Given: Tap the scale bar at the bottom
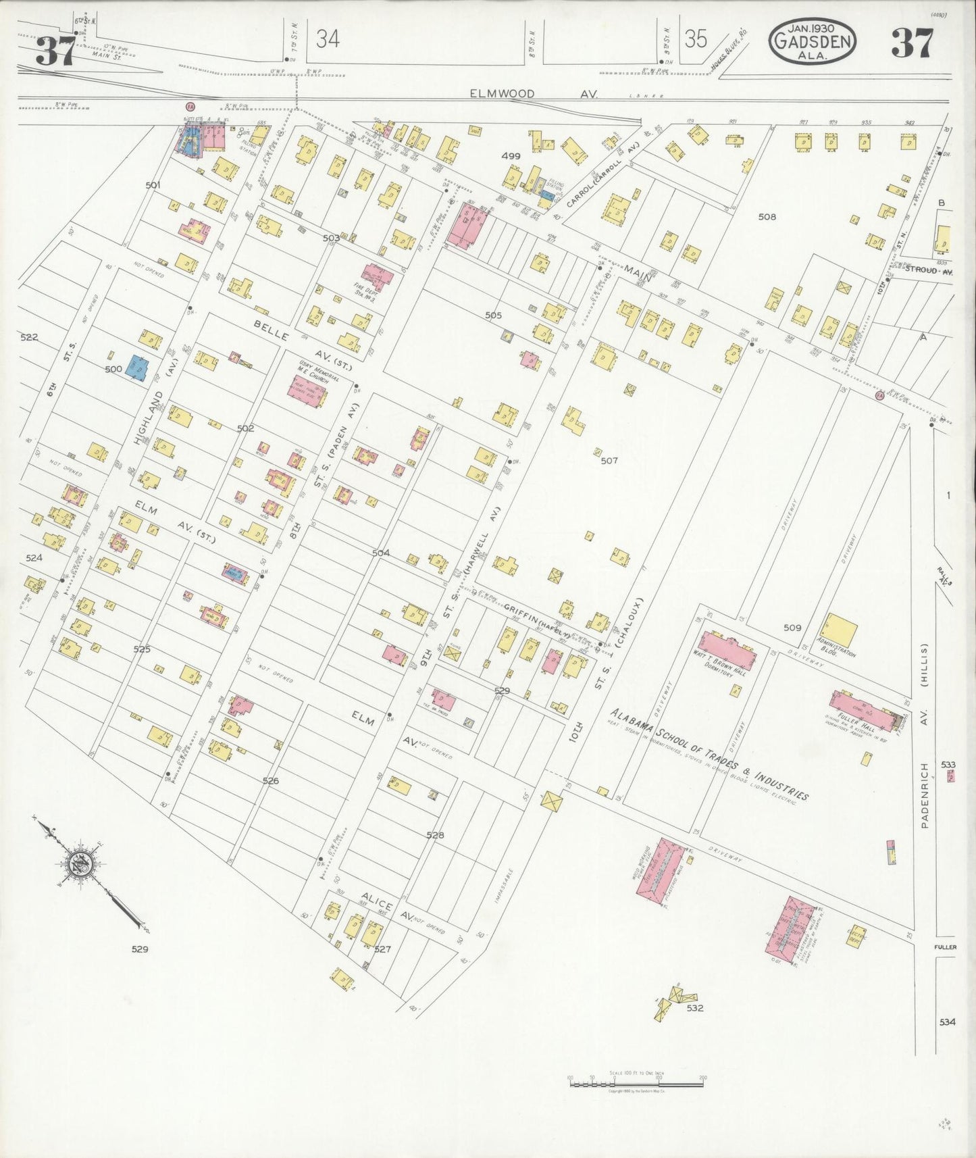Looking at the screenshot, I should tap(636, 1082).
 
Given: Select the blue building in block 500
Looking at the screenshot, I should tap(137, 369).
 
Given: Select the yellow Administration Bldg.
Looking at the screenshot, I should tap(840, 630).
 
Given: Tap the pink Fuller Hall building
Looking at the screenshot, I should tap(864, 712).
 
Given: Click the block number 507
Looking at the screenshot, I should tap(609, 461).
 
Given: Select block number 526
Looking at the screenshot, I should tap(270, 780).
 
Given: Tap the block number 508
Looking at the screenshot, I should tap(767, 217).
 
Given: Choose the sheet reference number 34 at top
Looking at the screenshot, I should tap(328, 39).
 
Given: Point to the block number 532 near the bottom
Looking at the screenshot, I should tap(695, 1007).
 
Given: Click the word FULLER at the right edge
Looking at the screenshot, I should tap(946, 947).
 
